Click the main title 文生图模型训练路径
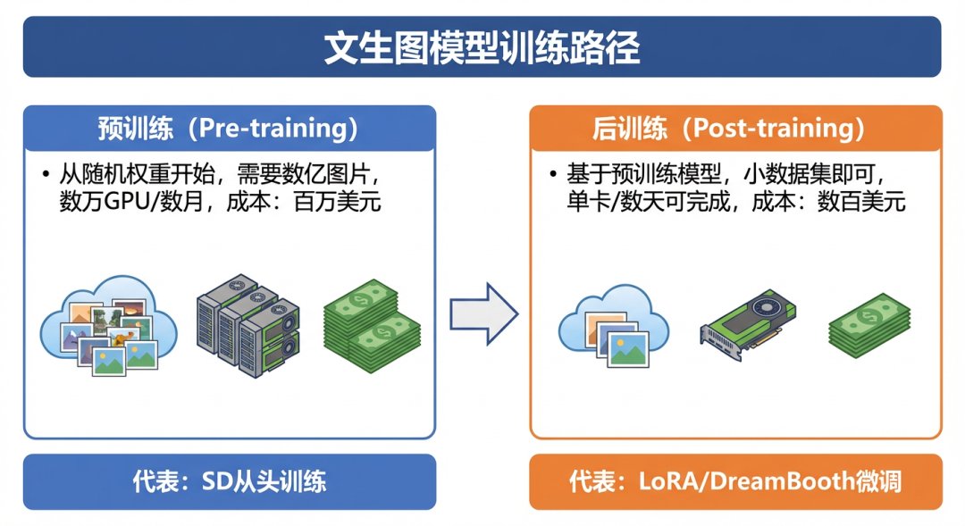click(482, 48)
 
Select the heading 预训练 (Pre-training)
click(229, 129)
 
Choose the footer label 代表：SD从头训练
click(229, 482)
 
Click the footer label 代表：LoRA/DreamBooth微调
click(735, 482)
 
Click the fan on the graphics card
click(767, 308)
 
